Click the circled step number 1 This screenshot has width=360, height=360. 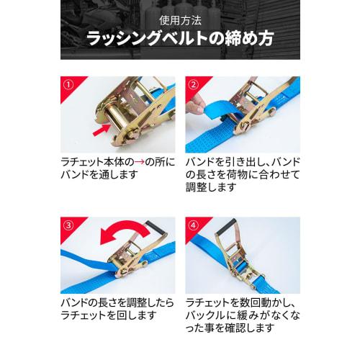(68, 84)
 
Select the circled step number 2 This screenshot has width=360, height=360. (192, 84)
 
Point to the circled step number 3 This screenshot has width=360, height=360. (68, 223)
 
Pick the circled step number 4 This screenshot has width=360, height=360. (192, 223)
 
